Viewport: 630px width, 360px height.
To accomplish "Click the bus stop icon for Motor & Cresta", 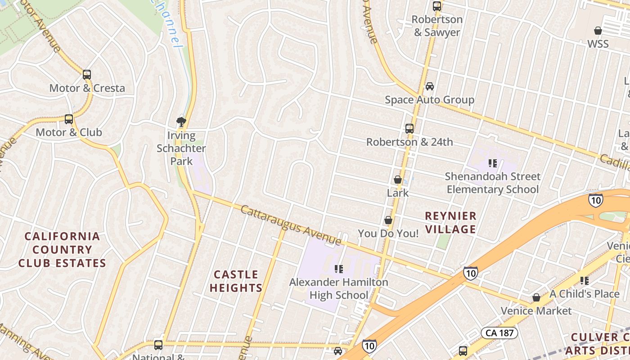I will point(87,75).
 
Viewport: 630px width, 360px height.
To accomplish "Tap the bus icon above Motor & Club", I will point(69,119).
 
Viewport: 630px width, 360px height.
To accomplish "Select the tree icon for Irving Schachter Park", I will point(181,121).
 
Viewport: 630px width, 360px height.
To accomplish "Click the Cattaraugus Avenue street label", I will point(291,225).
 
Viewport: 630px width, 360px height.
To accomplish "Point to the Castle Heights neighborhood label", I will point(236,281).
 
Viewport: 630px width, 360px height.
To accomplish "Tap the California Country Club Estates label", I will point(62,250).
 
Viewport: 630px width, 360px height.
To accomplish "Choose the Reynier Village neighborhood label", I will point(450,222).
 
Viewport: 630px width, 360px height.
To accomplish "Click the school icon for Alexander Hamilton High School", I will point(339,269).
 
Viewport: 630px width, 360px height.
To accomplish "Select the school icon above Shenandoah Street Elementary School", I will point(492,163).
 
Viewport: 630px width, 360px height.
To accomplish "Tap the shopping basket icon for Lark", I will point(398,180).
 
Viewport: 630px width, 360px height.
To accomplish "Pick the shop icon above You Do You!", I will point(388,220).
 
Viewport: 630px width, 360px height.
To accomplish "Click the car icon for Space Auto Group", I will point(430,86).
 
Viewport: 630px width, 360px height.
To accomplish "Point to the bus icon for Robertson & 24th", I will point(409,129).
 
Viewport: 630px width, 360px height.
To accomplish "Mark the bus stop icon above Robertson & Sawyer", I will point(437,6).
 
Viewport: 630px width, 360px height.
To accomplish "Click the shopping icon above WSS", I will point(598,31).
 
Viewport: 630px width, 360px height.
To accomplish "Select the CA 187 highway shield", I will point(499,333).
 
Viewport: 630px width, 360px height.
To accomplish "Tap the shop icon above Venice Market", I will point(536,297).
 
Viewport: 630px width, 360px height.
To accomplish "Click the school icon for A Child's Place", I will point(585,281).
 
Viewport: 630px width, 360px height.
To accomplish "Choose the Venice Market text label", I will point(536,310).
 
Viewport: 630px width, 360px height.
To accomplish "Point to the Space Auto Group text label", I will point(429,100).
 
